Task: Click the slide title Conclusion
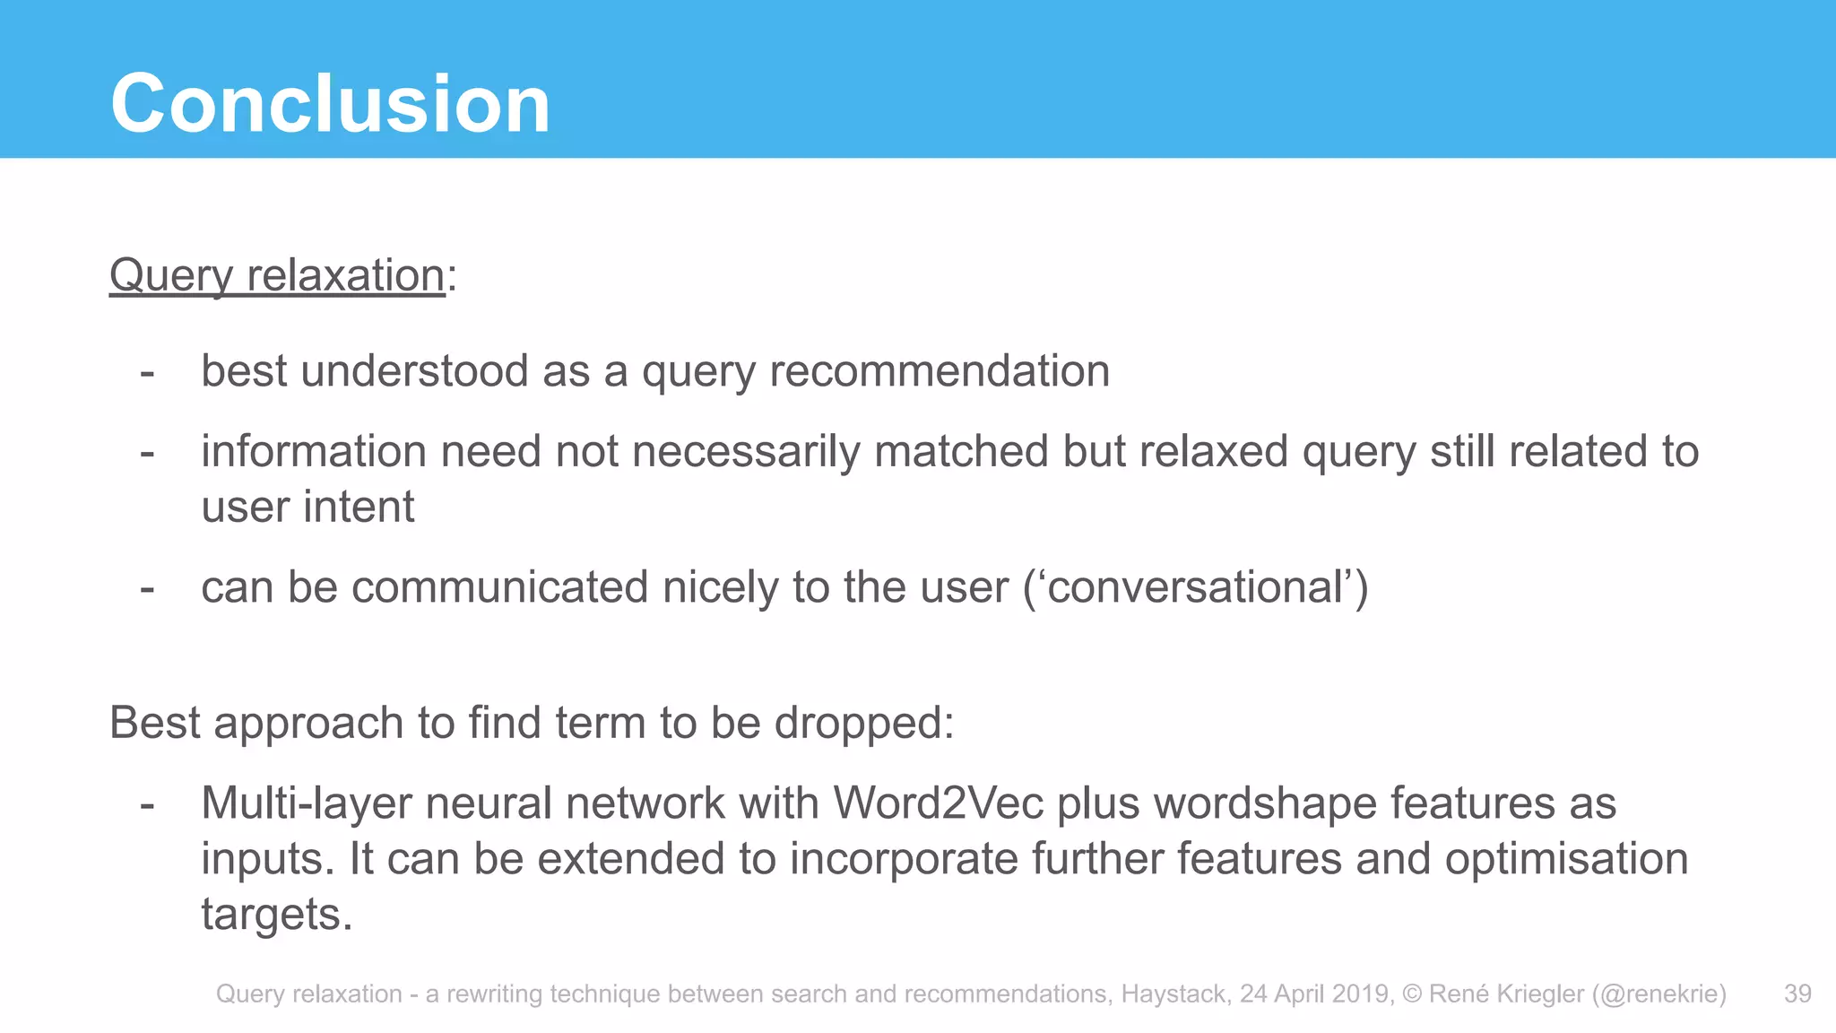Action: (x=330, y=104)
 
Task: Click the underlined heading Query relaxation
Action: (x=277, y=275)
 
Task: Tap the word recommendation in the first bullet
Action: (x=940, y=371)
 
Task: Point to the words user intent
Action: (x=307, y=507)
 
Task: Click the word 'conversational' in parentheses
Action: (x=1195, y=588)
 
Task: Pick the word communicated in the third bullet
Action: (x=500, y=588)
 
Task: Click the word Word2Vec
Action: (x=938, y=803)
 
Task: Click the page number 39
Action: (x=1797, y=994)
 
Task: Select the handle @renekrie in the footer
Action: (x=1659, y=994)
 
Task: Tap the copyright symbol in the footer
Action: (x=1412, y=994)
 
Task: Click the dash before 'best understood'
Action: (x=147, y=372)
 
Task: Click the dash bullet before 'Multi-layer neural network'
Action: (x=147, y=804)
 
